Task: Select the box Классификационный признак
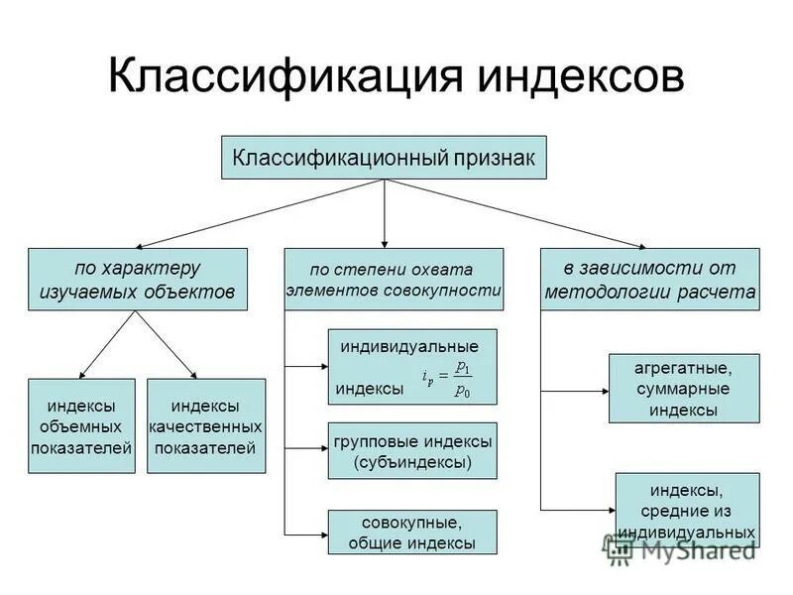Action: (x=384, y=157)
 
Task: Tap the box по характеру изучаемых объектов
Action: (x=138, y=280)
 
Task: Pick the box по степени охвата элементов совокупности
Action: (x=394, y=280)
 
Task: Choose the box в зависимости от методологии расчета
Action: (x=650, y=280)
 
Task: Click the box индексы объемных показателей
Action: (x=81, y=425)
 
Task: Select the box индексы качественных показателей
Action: (x=206, y=425)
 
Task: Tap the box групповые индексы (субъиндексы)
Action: (x=411, y=450)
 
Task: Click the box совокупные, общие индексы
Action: (x=411, y=532)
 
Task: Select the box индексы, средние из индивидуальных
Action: (x=687, y=510)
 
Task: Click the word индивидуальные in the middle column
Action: (x=408, y=347)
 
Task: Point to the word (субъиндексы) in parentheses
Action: (x=411, y=462)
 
